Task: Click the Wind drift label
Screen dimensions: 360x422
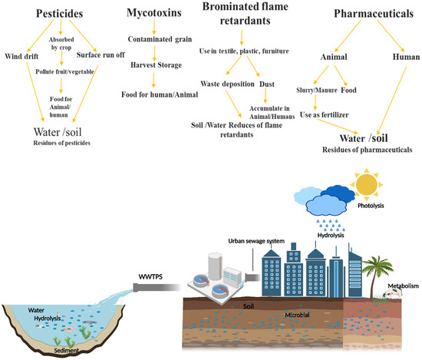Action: pyautogui.click(x=22, y=55)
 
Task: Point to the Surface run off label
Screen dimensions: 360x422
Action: pyautogui.click(x=101, y=55)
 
